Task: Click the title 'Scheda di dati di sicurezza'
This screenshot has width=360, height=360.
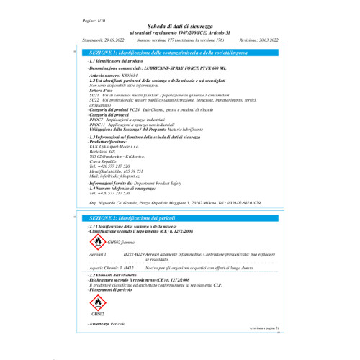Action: coord(180,26)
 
